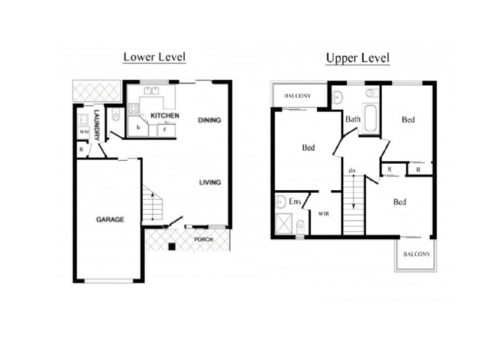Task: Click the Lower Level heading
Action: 154,57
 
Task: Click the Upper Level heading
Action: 358,58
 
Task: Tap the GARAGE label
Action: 110,220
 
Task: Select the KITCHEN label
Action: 164,115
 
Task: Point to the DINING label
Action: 209,120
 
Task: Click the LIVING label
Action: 210,182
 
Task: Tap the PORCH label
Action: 203,240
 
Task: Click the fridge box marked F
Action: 166,130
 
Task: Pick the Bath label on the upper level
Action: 353,119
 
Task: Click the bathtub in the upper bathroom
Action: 370,119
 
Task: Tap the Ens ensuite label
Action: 295,202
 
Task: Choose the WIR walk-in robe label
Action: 323,214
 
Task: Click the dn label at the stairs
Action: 352,171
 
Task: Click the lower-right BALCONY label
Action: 416,254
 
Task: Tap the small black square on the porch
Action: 172,246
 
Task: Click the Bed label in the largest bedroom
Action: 309,148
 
